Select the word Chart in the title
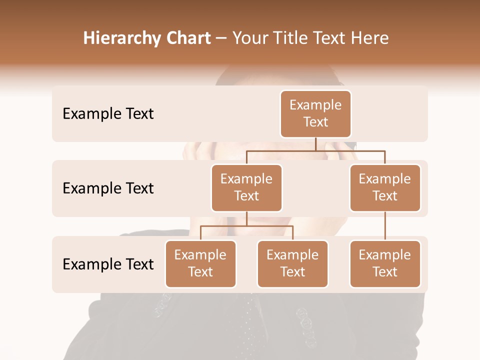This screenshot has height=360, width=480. coord(188,38)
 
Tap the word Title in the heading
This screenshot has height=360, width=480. coord(287,38)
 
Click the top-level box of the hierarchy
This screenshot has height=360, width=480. coord(315,113)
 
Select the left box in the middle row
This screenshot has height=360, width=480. coord(246,187)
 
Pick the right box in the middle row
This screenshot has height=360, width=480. coord(385,187)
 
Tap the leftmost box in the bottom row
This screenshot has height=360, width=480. coord(200,263)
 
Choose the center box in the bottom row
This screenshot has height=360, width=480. coord(292,263)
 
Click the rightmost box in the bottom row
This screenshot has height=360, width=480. coord(385,263)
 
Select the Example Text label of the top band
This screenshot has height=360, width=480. coord(108,114)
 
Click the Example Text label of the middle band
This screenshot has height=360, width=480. coord(108,188)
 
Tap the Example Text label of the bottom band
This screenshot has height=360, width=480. coord(108,264)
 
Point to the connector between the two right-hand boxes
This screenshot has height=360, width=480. coord(385,226)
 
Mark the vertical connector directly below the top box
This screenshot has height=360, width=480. coord(315,144)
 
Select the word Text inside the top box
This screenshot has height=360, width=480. coord(315,122)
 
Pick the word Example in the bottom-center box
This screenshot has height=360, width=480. coord(292,255)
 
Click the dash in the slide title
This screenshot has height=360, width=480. coord(221,38)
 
